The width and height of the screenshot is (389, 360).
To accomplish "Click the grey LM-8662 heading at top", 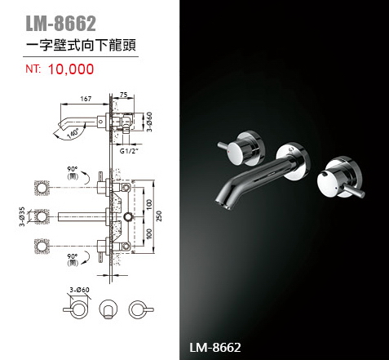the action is [60, 24].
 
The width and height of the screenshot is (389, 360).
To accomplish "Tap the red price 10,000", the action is [71, 69].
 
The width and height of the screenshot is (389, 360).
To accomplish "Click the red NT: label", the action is [33, 69].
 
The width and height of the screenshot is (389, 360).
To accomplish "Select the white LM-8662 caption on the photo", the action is [215, 348].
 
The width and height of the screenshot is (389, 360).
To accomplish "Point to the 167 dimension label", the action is [86, 99].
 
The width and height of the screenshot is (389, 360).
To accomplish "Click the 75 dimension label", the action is [123, 95].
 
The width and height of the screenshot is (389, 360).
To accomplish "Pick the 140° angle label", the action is [73, 134].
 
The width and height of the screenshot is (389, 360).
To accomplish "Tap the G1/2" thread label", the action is [129, 151].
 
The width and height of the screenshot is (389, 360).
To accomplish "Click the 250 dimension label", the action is [159, 216].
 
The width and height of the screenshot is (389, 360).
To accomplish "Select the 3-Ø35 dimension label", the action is [22, 216].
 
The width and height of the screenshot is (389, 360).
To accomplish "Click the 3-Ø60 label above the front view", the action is [79, 290].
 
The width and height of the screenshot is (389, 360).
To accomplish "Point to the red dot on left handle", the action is [230, 150].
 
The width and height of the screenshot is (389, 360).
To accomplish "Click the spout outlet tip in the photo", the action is [223, 204].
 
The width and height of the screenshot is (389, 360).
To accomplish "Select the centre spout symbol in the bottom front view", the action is [108, 309].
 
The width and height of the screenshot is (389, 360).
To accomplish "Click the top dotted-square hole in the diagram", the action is [42, 188].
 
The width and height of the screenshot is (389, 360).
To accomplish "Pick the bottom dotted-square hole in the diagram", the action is [42, 247].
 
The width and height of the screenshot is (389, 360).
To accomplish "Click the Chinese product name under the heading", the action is [81, 45].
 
